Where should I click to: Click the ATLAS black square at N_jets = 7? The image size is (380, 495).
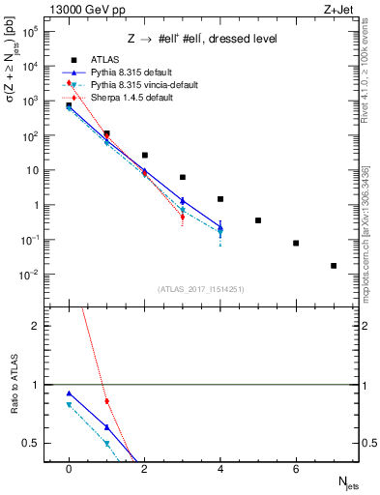click(334, 266)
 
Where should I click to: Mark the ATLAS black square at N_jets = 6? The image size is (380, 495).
click(296, 244)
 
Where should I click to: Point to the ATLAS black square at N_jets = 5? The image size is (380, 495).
click(258, 220)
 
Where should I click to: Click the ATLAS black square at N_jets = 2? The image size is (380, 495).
click(144, 155)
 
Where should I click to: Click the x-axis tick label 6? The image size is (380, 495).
click(296, 469)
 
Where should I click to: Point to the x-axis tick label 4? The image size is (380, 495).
click(220, 469)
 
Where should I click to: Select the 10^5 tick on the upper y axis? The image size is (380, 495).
click(32, 32)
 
